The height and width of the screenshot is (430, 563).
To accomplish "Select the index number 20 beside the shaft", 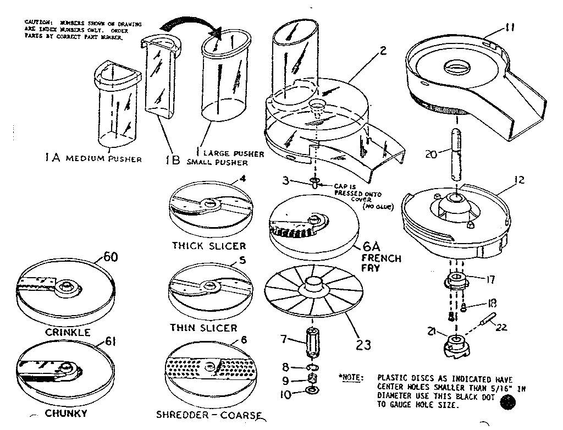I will click(432, 155).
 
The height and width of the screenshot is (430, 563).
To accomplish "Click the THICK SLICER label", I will click(209, 245).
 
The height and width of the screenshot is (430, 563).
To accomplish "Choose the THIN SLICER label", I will click(203, 328).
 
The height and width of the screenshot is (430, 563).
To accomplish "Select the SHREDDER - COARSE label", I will click(215, 416).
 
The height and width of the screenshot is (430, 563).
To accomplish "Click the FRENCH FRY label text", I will click(380, 263).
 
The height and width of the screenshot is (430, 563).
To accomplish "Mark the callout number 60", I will click(110, 257).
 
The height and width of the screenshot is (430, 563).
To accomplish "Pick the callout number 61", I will click(112, 343).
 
